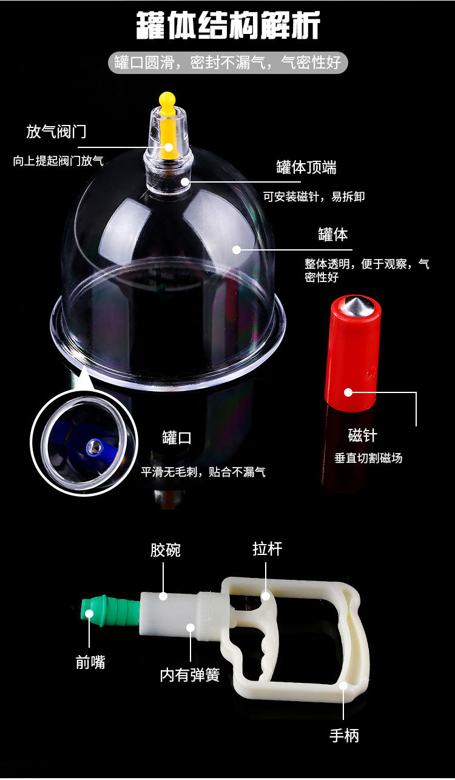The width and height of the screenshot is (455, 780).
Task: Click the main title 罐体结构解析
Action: (228, 25)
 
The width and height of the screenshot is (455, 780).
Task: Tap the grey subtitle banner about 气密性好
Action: (228, 62)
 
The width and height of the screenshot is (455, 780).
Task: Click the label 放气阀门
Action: (56, 132)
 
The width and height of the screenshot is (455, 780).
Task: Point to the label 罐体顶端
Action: (306, 167)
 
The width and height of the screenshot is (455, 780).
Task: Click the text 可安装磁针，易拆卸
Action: (314, 197)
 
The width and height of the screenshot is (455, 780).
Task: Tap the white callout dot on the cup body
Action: (237, 250)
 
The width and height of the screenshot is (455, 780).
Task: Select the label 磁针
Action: (362, 435)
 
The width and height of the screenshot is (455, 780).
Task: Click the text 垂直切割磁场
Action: (368, 458)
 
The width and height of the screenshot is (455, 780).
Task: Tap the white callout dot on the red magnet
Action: (348, 392)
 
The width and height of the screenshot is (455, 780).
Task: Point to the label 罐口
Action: (177, 438)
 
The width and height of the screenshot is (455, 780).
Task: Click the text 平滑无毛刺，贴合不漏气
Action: (203, 472)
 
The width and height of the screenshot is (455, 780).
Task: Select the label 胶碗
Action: (165, 550)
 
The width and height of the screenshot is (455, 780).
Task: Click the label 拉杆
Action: (267, 549)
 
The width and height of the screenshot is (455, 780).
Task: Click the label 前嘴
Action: (90, 662)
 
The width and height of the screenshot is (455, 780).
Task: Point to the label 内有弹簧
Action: (190, 674)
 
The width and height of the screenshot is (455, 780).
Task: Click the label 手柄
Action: (344, 736)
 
